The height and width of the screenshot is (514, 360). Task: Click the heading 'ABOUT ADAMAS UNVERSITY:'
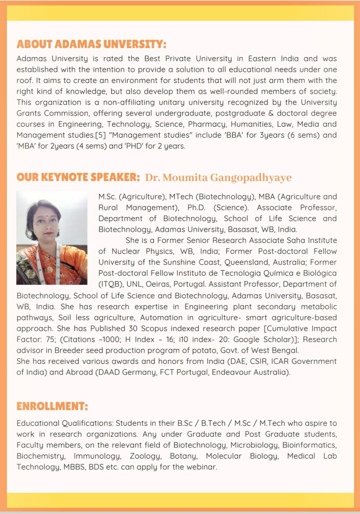(91, 44)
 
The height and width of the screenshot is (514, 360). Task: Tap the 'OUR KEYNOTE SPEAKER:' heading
(78, 177)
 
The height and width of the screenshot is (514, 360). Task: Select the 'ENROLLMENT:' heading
(52, 406)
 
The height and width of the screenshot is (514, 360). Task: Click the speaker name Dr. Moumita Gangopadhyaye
(218, 177)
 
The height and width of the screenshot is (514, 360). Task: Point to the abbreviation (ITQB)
(111, 284)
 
